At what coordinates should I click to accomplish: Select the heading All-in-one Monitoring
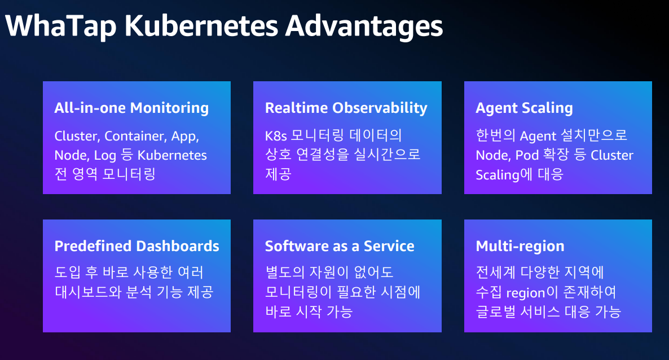tap(131, 108)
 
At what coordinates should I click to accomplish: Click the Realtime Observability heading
tap(346, 108)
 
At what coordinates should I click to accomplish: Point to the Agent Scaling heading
tap(524, 108)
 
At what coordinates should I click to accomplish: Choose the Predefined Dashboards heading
tap(137, 246)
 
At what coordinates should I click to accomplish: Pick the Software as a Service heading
tap(340, 246)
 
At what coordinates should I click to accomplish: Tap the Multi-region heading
tap(520, 246)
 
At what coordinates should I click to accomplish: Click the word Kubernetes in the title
tap(201, 25)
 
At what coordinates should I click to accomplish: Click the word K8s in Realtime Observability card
tap(276, 136)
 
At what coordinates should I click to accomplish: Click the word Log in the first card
tap(105, 155)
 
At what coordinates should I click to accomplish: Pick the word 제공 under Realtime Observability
tap(278, 174)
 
